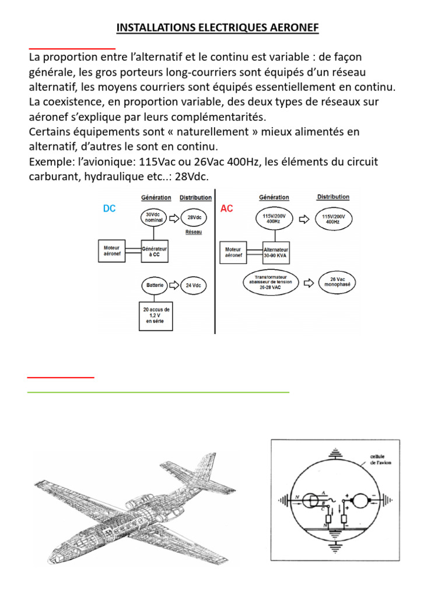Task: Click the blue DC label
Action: coord(109,208)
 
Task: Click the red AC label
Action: coord(227,209)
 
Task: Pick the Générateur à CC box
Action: coord(154,251)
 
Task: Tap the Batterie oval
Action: coord(154,286)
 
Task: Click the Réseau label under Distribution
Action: coord(194,231)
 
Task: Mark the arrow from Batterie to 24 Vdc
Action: coord(174,286)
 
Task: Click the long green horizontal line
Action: coord(158,392)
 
